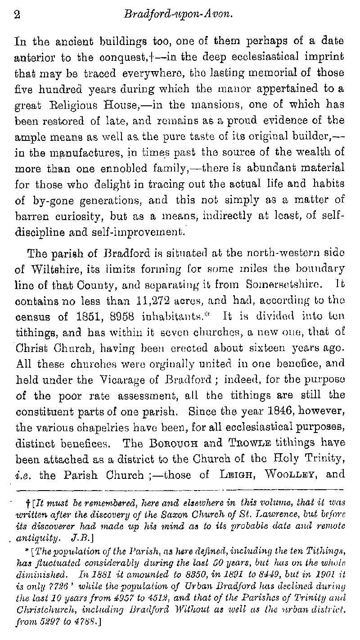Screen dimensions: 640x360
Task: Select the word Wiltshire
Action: tap(53, 269)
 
